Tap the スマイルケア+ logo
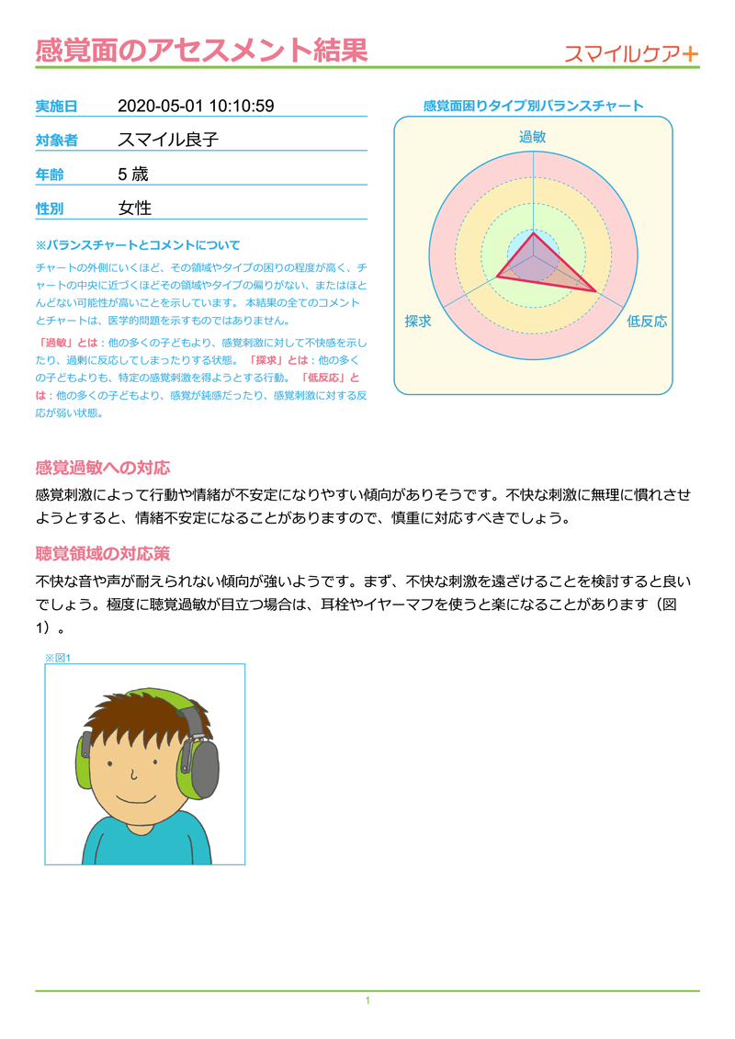[631, 53]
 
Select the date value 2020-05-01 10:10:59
[196, 106]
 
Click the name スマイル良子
[168, 140]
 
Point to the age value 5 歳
[133, 174]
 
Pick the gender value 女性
[135, 209]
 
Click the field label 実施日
[56, 107]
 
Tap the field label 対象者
[56, 141]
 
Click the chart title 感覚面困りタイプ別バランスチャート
[533, 106]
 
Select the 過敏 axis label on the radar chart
[533, 137]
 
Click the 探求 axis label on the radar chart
[418, 322]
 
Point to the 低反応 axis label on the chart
[647, 322]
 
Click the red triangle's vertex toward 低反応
[596, 292]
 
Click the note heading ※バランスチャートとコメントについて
[138, 245]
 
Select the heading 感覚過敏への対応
[102, 467]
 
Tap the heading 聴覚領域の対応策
[102, 554]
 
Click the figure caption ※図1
[58, 657]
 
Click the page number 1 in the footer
[367, 1000]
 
